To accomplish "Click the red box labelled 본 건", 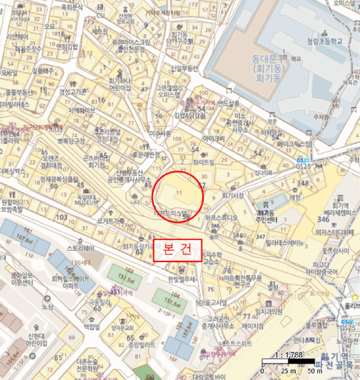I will [x=178, y=251].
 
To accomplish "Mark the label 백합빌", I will [x=92, y=327].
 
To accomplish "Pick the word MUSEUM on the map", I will [x=83, y=202].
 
